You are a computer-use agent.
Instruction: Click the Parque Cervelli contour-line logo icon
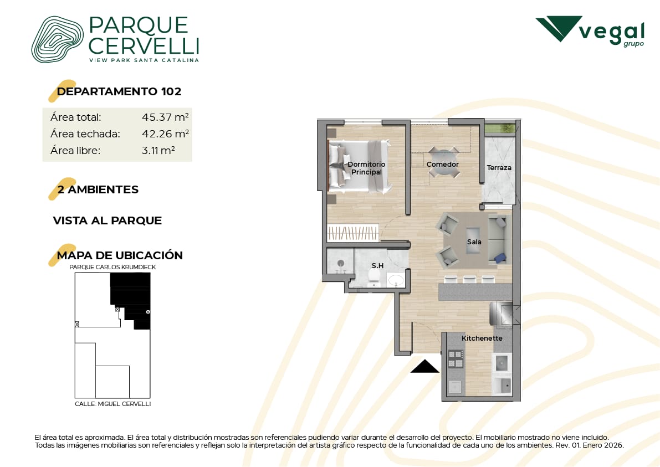tap(58, 39)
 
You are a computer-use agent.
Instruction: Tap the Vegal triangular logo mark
tap(559, 29)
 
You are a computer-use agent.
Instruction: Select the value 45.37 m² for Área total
tap(165, 117)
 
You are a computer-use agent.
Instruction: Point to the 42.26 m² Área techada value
tap(165, 134)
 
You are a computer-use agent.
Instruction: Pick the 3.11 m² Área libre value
tap(158, 150)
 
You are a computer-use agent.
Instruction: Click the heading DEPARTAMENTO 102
tap(119, 91)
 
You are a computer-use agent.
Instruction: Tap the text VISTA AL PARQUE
tap(108, 220)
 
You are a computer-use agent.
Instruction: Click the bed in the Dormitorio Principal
tap(359, 166)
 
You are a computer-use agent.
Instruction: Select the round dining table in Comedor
tap(443, 162)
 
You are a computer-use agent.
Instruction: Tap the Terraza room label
tap(499, 167)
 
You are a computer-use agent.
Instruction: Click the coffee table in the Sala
tap(473, 240)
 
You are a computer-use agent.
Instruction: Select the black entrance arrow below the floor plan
tap(424, 366)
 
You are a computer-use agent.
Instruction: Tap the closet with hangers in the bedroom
tap(353, 232)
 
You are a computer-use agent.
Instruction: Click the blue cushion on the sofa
tap(500, 258)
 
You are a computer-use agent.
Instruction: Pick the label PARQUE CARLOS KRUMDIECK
tap(112, 267)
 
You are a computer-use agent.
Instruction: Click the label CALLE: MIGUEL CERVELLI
tap(113, 404)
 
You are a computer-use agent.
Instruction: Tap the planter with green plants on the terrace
tap(500, 128)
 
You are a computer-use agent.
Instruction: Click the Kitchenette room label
tap(482, 338)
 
